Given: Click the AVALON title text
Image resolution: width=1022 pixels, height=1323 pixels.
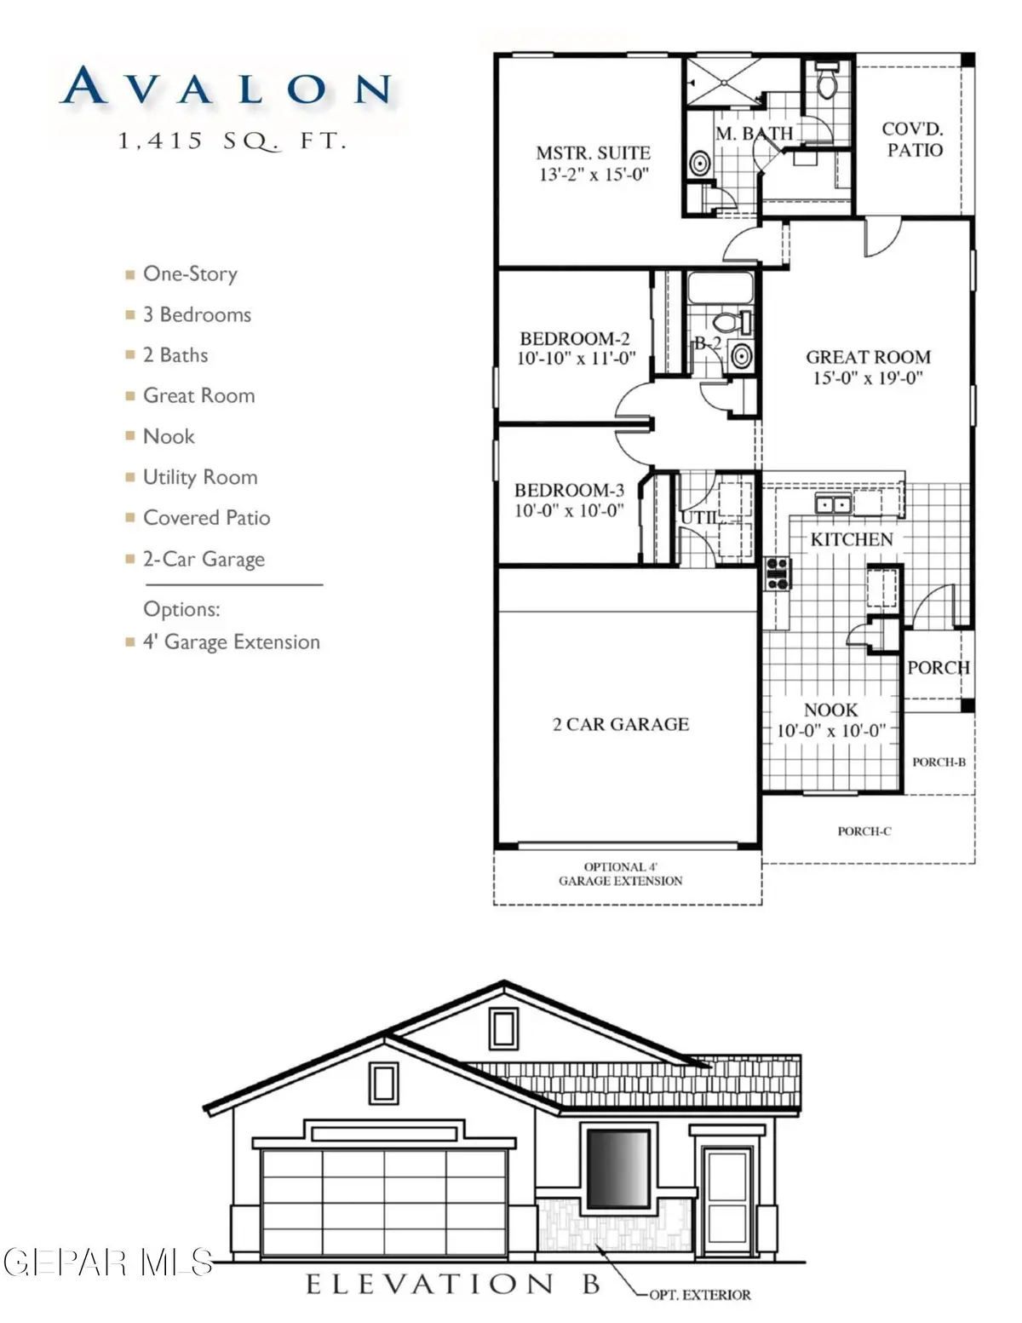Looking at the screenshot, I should click(227, 88).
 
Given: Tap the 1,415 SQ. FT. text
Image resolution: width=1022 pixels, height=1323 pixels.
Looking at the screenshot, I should click(233, 141).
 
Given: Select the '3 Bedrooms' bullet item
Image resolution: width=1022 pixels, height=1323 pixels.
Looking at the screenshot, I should click(196, 314).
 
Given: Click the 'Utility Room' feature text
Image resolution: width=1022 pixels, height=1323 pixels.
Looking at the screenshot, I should click(199, 477).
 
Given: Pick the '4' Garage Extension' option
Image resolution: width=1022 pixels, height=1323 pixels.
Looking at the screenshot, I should click(231, 641).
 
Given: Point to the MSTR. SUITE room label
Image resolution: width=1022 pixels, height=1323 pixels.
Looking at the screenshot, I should click(594, 153).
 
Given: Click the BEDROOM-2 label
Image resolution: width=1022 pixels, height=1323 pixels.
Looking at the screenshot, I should click(575, 338).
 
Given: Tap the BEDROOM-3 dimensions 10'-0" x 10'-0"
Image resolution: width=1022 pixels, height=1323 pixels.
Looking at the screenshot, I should click(569, 510).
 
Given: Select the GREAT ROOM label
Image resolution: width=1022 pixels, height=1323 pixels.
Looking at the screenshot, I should click(868, 357).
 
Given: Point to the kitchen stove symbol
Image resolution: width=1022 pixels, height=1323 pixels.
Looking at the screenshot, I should click(778, 572).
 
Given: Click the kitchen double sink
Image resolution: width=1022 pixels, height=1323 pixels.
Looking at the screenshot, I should click(833, 504).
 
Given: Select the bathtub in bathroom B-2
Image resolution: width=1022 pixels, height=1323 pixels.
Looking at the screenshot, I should click(720, 288).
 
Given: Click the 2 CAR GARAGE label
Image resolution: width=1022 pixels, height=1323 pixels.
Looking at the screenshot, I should click(620, 724).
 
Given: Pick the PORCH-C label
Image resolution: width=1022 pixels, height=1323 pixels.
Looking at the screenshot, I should click(864, 831).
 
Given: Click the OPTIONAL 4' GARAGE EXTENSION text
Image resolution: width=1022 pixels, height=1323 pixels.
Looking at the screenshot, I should click(620, 874).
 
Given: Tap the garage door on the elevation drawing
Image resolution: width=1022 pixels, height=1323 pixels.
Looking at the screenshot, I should click(384, 1201).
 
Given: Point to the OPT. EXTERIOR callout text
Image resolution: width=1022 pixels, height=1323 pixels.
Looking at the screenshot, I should click(699, 1295).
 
